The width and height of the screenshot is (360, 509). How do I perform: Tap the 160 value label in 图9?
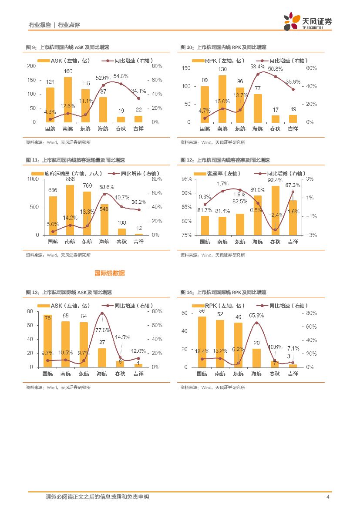68,71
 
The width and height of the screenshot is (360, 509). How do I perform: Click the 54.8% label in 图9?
121,76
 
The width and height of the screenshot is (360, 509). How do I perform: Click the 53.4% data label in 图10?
258,67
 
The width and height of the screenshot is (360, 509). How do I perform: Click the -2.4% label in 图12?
275,215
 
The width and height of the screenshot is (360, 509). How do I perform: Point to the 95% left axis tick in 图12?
186,179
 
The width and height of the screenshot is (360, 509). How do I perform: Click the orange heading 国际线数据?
110,273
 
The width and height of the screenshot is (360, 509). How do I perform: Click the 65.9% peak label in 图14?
257,315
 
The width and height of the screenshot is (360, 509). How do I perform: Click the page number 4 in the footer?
327,497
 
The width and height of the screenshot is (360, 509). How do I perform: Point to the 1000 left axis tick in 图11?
33,179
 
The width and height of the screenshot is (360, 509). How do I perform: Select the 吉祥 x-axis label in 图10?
293,129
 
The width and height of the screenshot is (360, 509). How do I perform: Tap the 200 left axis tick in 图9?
31,66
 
